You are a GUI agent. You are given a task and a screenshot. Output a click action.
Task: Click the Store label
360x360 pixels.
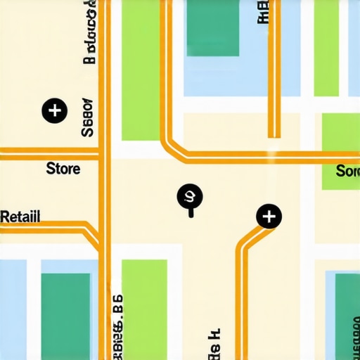[x=63, y=169]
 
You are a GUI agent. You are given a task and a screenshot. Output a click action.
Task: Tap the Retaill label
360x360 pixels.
[x=20, y=217]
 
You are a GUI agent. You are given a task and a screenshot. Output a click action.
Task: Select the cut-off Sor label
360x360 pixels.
[x=347, y=171]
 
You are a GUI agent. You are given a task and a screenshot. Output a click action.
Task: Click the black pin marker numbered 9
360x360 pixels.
[x=189, y=198]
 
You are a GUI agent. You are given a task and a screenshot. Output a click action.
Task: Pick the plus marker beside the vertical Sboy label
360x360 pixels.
[x=54, y=110]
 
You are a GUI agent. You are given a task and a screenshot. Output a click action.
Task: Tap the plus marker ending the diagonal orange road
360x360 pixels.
[x=269, y=217]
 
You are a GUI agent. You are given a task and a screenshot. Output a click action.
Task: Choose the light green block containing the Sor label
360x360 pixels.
[x=340, y=151]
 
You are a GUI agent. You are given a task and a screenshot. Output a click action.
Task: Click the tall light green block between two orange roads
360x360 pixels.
[x=141, y=70]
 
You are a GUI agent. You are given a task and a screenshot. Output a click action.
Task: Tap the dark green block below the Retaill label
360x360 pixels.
[x=65, y=309]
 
